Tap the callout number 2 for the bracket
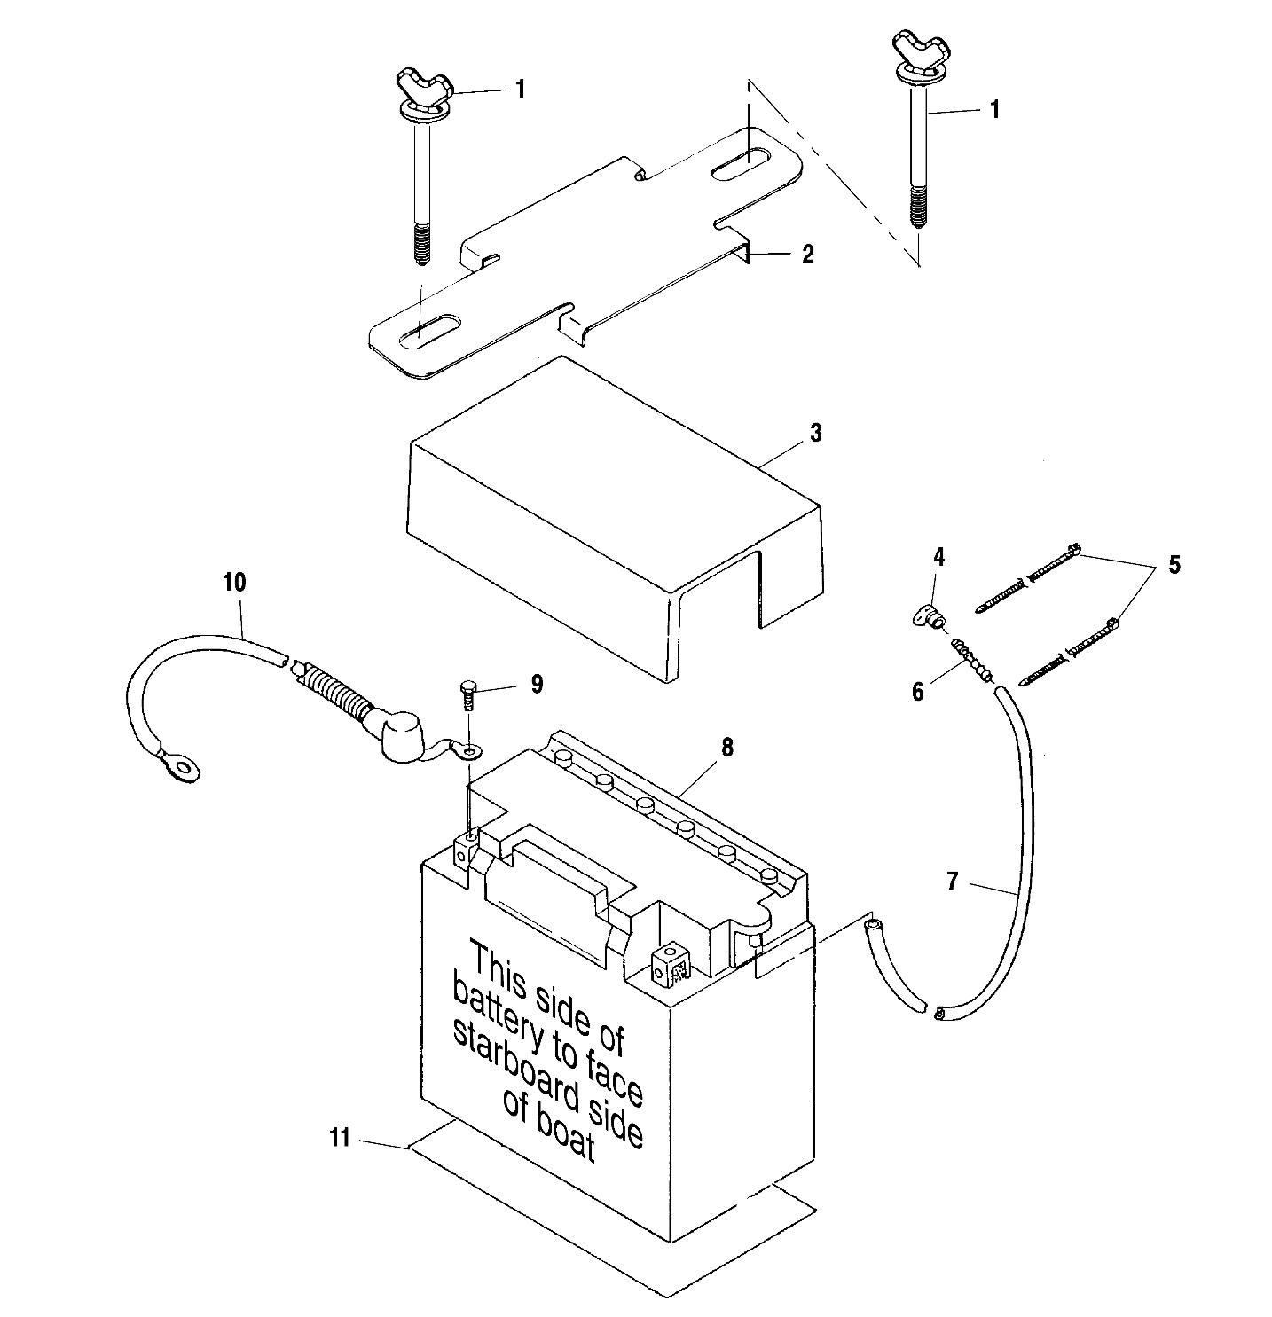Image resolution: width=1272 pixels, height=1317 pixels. (807, 254)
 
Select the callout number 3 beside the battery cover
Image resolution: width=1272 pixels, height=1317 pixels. (815, 434)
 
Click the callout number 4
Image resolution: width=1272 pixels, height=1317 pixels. (938, 558)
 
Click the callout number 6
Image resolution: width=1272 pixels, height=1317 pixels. (918, 691)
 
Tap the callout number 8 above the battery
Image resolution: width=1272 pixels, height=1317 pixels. (726, 748)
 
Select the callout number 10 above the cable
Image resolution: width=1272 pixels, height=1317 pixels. (234, 583)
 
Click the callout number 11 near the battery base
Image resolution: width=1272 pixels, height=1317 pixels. (341, 1138)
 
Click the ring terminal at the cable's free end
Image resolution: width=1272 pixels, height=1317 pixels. (169, 759)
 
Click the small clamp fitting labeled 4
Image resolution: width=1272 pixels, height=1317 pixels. (927, 617)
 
